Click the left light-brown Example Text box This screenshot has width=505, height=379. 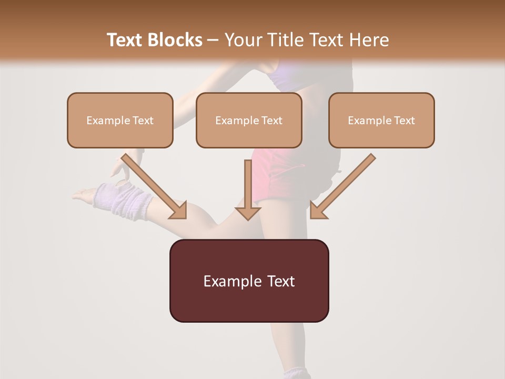(120, 120)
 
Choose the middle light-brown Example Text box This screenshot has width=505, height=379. (249, 120)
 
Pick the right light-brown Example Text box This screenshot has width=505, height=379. (381, 120)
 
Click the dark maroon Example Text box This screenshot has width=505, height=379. (249, 281)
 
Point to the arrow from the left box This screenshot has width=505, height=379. (155, 187)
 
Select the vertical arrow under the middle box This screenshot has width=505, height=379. (248, 189)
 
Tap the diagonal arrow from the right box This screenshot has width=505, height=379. (342, 187)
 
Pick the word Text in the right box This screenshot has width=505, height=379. (405, 121)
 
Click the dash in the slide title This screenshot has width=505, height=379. (213, 40)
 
